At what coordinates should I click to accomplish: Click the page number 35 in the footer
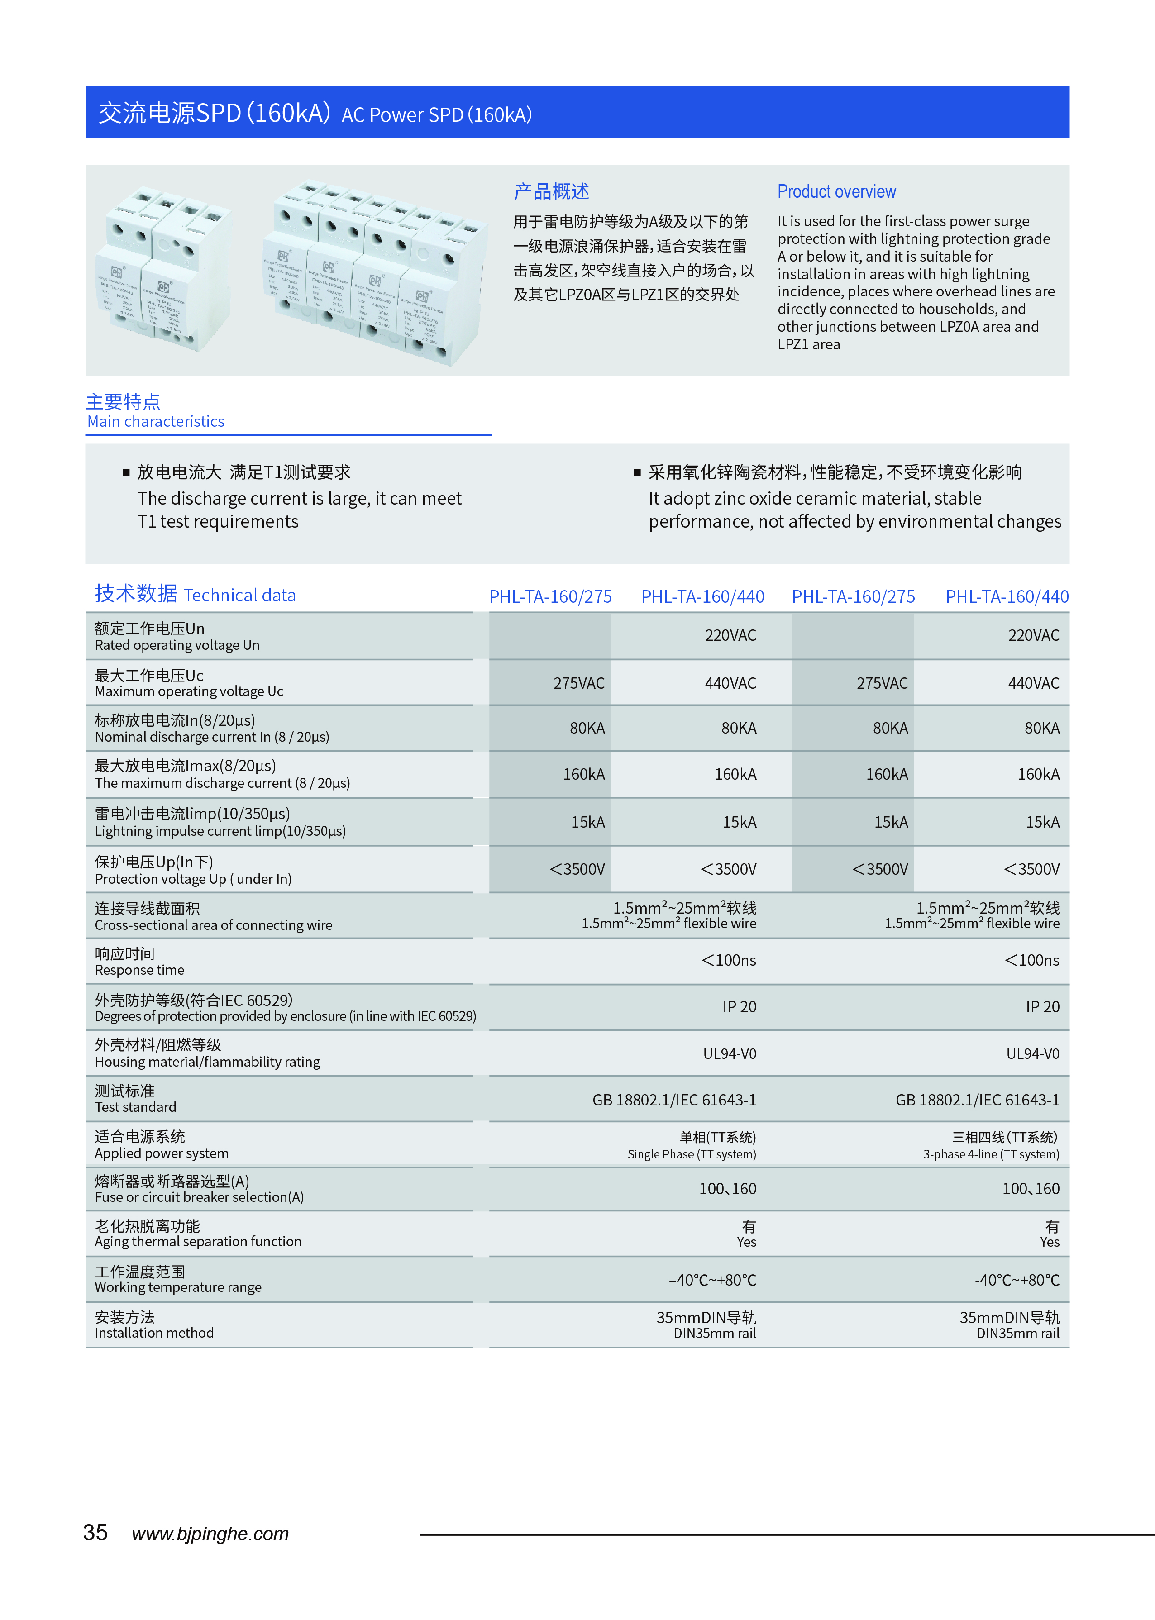click(x=95, y=1533)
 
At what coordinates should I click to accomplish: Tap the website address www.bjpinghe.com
click(x=210, y=1534)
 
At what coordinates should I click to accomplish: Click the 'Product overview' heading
click(x=836, y=191)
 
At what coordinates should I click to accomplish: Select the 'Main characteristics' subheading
click(x=156, y=422)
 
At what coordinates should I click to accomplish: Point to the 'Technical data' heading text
click(x=240, y=595)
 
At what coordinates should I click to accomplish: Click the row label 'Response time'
click(x=139, y=970)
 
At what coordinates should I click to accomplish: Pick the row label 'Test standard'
click(x=136, y=1107)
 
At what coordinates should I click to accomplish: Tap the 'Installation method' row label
click(x=154, y=1333)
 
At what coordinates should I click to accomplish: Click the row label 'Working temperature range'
click(x=178, y=1287)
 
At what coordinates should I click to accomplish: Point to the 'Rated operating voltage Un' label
click(x=177, y=645)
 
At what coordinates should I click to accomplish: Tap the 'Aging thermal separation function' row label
click(x=198, y=1241)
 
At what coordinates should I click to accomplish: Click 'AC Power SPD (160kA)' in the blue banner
click(x=437, y=114)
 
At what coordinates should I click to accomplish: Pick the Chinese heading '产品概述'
click(x=551, y=191)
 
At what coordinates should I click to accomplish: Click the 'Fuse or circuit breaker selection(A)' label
click(x=199, y=1197)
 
